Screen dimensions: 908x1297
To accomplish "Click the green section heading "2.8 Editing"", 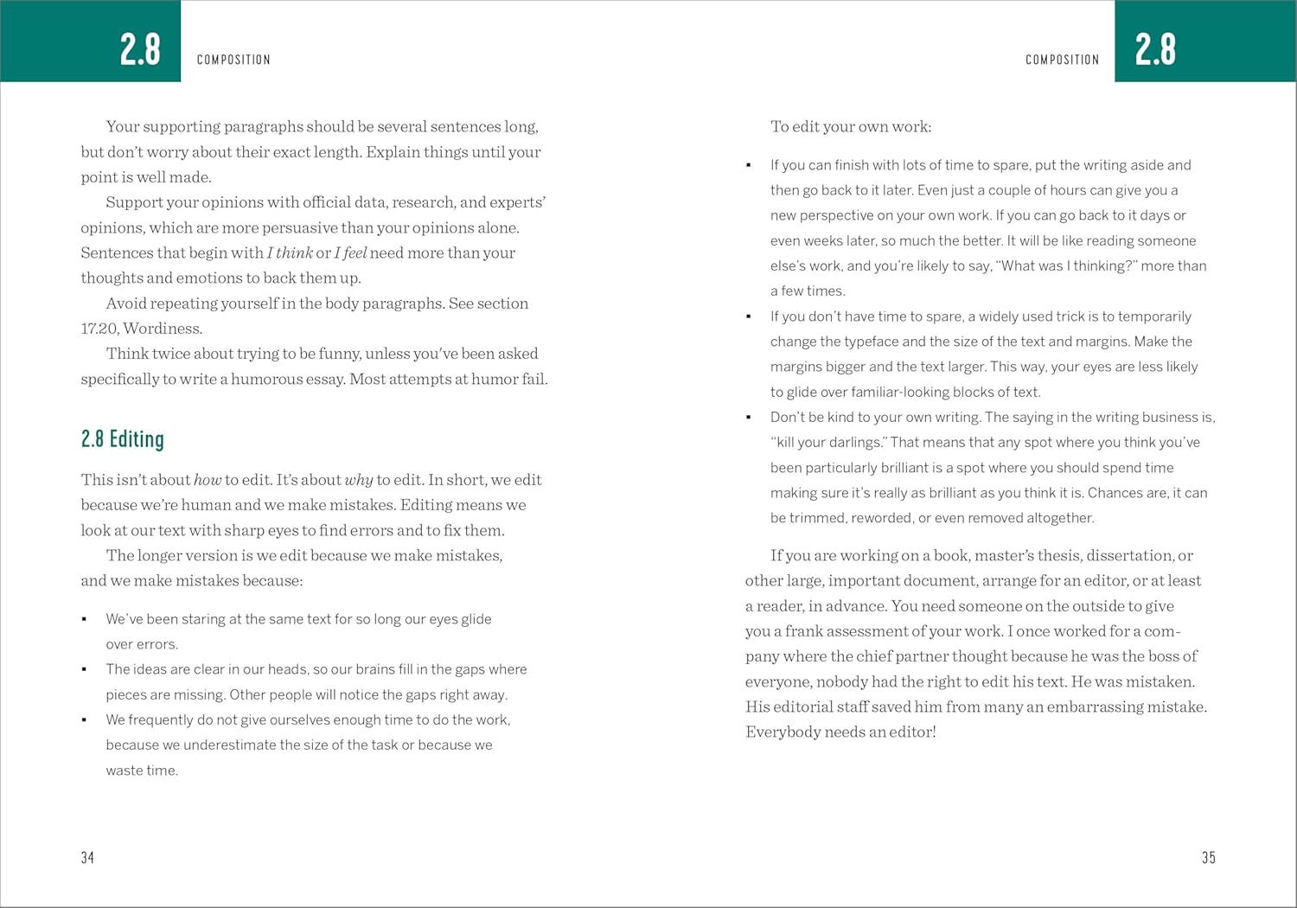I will coord(122,439).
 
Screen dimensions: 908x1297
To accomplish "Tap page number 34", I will coord(87,858).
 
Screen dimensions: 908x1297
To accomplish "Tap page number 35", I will coord(1208,858).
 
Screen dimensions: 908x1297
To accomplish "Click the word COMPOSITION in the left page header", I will coord(233,60).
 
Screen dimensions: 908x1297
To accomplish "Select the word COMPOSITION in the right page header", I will coord(1062,60).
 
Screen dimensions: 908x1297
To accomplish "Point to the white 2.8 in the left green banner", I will coord(140,49).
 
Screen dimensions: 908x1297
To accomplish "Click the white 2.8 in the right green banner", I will coord(1155,49).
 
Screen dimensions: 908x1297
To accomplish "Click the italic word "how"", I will coord(208,480).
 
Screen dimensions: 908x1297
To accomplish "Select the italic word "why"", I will coord(359,480).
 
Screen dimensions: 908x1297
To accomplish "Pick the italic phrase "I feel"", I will coord(350,253).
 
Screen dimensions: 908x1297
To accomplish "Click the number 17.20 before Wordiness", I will coord(99,329).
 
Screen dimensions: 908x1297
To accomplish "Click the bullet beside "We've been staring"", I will coord(84,619).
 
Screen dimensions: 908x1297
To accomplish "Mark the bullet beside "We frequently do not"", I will coord(84,720).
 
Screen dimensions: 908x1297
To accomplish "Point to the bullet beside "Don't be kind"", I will coord(749,418).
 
